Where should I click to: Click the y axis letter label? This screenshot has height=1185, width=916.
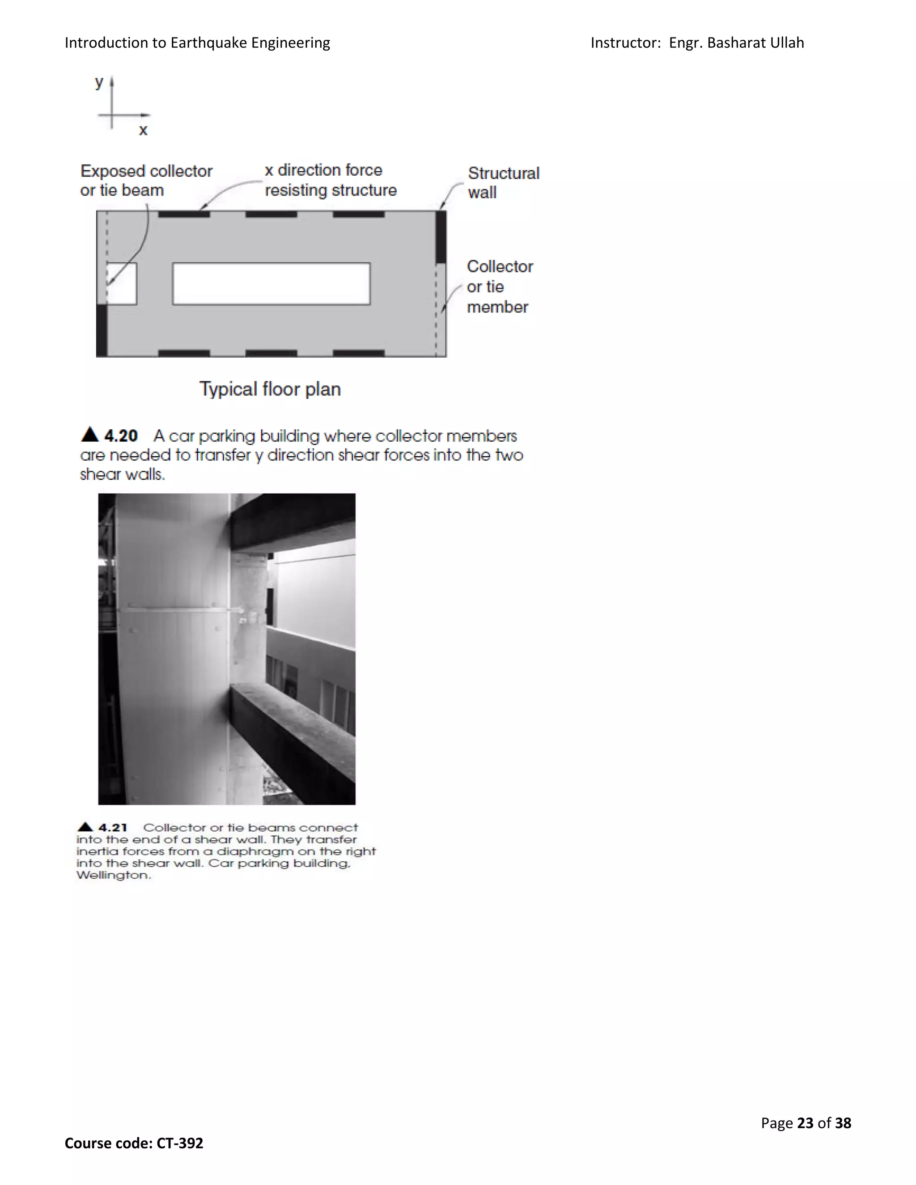coord(99,82)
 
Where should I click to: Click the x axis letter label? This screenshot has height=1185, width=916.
coord(143,130)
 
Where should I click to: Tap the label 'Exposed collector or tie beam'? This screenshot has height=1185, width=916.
coord(146,181)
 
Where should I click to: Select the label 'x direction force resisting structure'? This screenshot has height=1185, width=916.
coord(330,180)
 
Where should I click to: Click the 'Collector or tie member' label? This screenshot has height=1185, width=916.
coord(499,287)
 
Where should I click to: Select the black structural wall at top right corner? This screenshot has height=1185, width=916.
coord(441,237)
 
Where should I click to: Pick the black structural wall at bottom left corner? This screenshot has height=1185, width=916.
coord(102,330)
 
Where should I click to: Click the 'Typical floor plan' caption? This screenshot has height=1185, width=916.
coord(270,389)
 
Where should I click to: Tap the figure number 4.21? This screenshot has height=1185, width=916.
coord(112,827)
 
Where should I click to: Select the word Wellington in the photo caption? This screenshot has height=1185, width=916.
coord(113,875)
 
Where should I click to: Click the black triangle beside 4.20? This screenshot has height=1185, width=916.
coord(89,435)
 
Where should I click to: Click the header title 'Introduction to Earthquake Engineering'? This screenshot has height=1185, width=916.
coord(197,43)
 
